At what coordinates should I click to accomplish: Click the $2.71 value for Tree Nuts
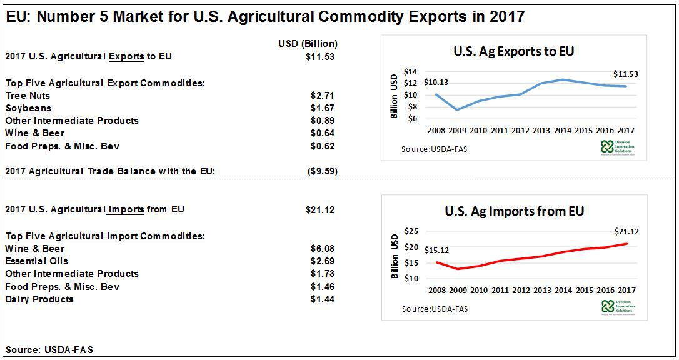tap(322, 96)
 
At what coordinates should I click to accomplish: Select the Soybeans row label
tap(28, 108)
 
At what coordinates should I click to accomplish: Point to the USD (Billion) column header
tap(308, 44)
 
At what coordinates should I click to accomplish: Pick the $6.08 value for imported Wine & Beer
tap(322, 249)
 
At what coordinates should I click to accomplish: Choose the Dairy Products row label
tap(39, 299)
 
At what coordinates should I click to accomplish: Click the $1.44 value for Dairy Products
tap(322, 299)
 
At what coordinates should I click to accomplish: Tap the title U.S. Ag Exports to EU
tap(513, 51)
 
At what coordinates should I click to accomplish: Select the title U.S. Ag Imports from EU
tap(514, 211)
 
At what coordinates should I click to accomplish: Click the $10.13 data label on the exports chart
tap(436, 82)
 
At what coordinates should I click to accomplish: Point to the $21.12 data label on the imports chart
tap(626, 232)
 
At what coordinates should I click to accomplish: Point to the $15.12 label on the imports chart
tap(436, 251)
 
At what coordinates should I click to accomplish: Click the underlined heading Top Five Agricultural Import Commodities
tap(104, 236)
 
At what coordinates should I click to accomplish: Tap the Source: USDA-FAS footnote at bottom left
tap(49, 350)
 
